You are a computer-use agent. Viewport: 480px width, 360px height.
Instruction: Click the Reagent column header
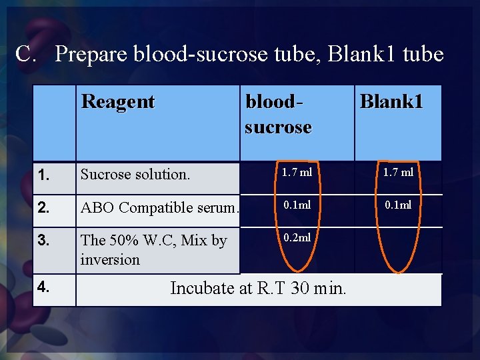point(118,102)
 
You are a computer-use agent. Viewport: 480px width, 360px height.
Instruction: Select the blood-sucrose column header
point(278,114)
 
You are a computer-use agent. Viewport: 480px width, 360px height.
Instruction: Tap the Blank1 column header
point(391,101)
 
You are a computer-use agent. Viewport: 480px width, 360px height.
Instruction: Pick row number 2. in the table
point(45,207)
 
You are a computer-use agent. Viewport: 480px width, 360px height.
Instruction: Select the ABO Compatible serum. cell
point(159,207)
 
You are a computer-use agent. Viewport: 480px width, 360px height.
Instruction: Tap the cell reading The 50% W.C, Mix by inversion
point(153,250)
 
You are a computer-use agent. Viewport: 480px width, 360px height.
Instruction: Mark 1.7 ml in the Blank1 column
point(398,173)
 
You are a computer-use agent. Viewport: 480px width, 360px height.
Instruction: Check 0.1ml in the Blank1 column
point(398,205)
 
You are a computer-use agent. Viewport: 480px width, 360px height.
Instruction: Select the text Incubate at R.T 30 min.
point(258,288)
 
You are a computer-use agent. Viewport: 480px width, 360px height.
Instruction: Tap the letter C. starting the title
point(29,53)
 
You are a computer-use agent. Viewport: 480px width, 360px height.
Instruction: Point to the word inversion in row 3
point(110,259)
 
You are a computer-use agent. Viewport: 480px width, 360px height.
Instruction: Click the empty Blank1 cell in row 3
point(398,250)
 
